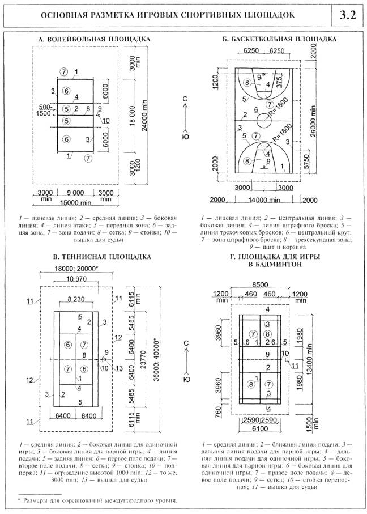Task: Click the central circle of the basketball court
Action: [264, 121]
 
